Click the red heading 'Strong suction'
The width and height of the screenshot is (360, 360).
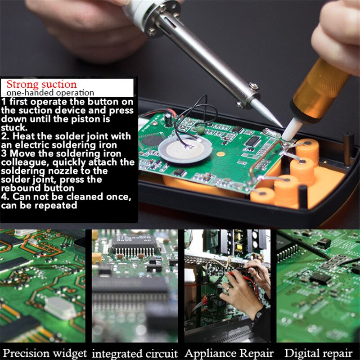coord(41,84)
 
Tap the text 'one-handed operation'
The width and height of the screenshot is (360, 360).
coord(50,93)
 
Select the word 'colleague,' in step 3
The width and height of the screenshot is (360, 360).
coord(25,162)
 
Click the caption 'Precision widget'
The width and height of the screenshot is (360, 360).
coord(45,353)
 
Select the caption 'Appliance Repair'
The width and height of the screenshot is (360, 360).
coord(229,353)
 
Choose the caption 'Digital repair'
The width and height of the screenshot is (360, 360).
coord(318,353)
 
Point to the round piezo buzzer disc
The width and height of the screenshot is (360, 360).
coord(185,150)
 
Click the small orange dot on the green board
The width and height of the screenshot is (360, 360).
coord(220,154)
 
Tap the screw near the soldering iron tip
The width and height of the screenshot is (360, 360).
coord(254,86)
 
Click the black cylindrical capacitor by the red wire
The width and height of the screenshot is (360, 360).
coord(168,119)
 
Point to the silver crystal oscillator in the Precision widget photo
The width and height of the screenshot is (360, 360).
coord(60,308)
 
